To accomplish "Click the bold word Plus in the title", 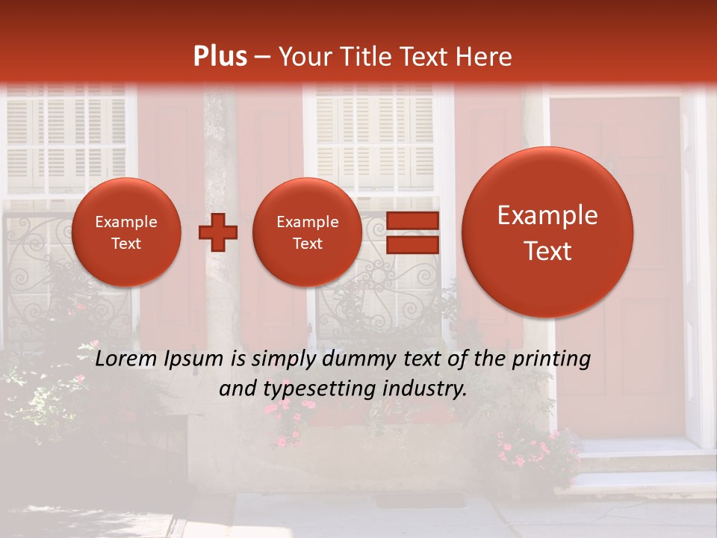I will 220,57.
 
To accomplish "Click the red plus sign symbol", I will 218,232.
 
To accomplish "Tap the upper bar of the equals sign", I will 412,220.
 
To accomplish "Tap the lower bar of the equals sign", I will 412,244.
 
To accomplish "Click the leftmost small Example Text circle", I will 126,232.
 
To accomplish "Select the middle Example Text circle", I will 307,232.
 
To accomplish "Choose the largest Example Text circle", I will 547,232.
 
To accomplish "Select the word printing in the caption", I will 550,359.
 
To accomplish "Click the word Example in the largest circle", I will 547,216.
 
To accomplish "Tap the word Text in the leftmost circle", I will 126,244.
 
